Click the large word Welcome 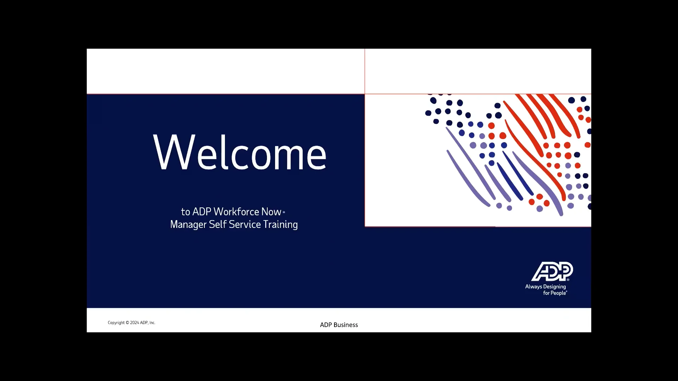240,153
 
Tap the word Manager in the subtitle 188,225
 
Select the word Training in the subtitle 280,225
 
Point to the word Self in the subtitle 217,224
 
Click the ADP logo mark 552,271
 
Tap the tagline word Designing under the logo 554,287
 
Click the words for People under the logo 555,293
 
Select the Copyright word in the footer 116,323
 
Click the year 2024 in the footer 134,323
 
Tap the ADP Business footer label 339,325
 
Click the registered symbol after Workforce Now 284,212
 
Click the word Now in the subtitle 271,212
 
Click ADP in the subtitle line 202,212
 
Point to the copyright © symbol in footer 127,323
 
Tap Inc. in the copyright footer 152,323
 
